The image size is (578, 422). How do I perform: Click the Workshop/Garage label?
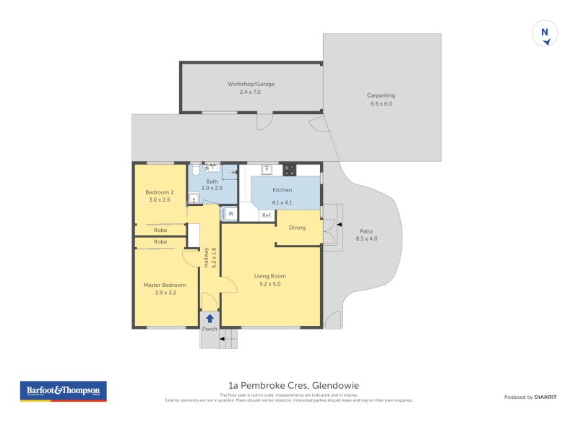[251, 84]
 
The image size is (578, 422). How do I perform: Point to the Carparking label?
[381, 95]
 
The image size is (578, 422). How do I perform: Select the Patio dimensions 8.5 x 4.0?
[366, 238]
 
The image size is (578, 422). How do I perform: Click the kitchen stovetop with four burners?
[289, 171]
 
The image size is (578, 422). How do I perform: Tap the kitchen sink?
[267, 170]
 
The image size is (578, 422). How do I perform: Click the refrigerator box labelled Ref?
[266, 215]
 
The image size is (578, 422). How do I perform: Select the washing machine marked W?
[230, 213]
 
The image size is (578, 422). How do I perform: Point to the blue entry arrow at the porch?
[210, 318]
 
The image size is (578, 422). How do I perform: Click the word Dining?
[297, 228]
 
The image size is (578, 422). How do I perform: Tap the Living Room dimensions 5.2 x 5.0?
[269, 284]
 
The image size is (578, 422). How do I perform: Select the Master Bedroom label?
[164, 285]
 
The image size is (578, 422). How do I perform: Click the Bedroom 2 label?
[160, 192]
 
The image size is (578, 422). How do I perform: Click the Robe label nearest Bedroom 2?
[160, 230]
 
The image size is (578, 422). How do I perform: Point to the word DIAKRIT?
[544, 397]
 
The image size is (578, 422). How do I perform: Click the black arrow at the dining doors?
[340, 225]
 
